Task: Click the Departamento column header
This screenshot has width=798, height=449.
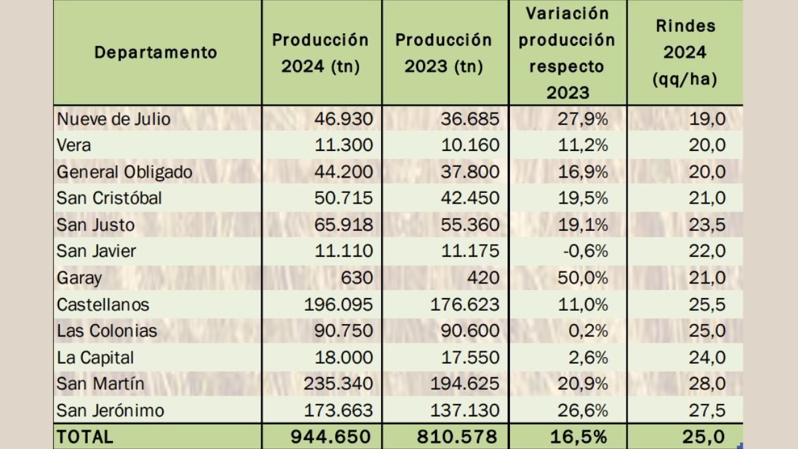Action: click(x=156, y=53)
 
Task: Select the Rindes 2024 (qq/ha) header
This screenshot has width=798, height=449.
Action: click(x=685, y=53)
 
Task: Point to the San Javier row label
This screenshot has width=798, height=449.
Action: click(x=97, y=251)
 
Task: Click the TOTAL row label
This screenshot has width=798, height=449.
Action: click(x=85, y=436)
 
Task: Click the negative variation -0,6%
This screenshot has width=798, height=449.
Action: click(x=588, y=251)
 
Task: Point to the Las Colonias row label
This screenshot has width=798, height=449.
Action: click(x=107, y=331)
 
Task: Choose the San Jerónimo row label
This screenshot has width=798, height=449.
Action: click(x=110, y=410)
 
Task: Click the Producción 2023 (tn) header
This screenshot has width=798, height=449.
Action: click(x=444, y=53)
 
